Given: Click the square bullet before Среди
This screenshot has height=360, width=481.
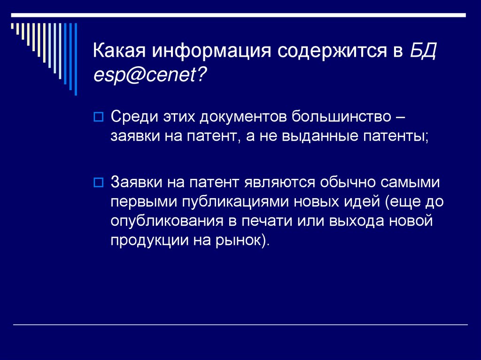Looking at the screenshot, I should point(99,117).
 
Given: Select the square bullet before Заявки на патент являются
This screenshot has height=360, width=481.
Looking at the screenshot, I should point(99,182).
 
